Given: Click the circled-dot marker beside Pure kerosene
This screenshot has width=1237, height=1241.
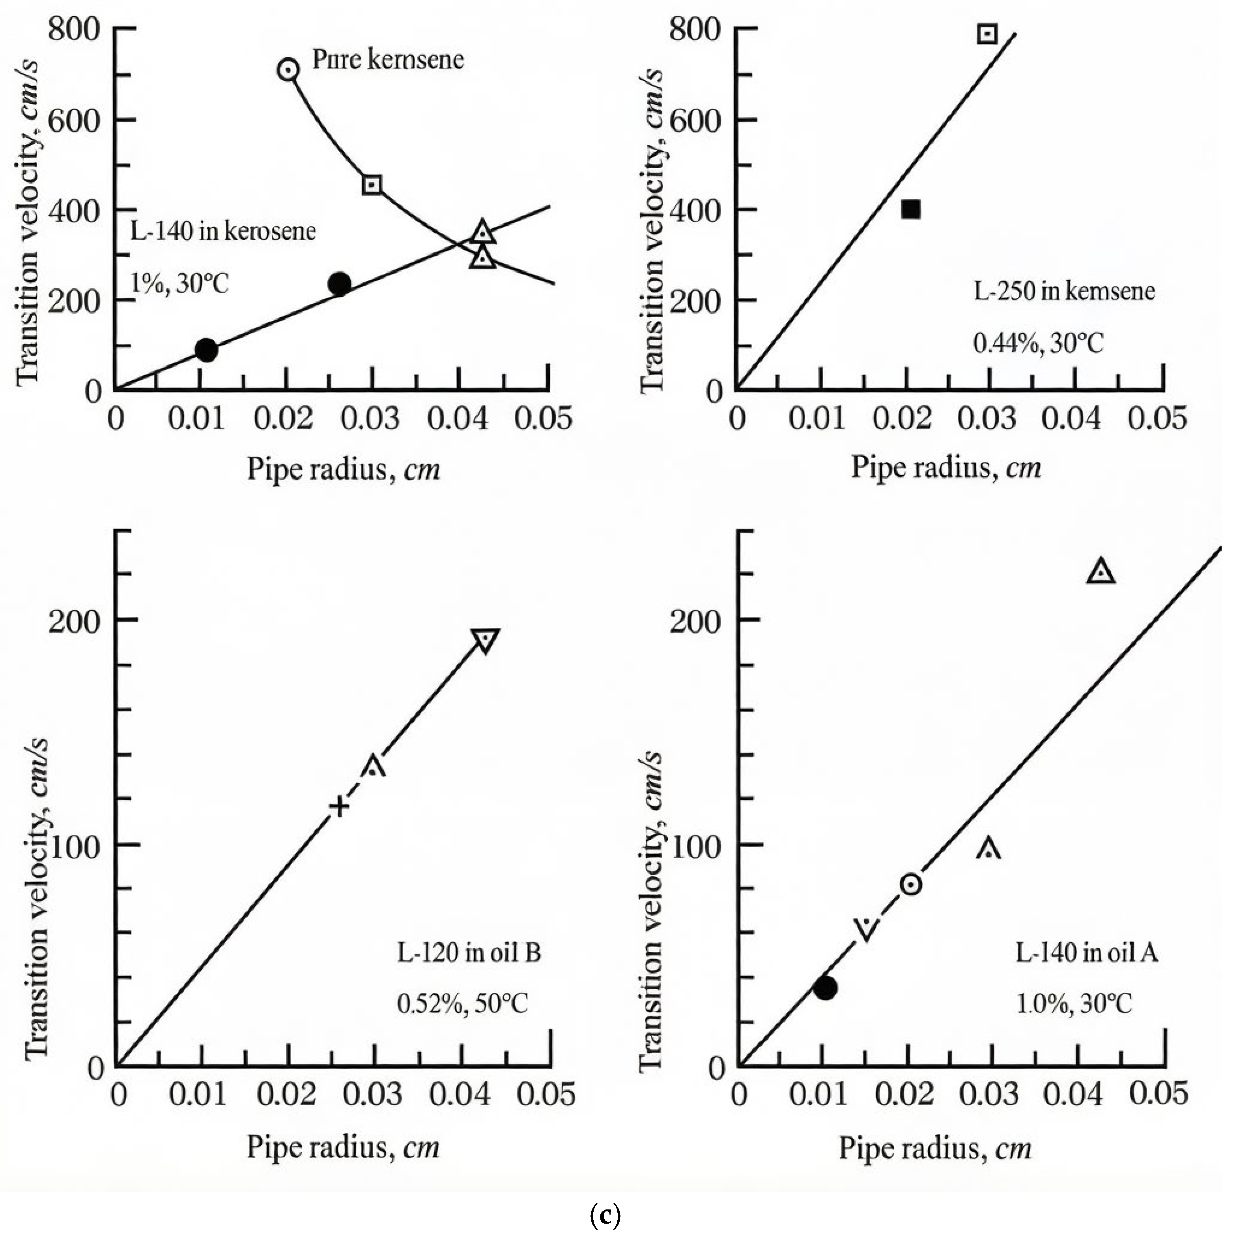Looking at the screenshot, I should click(288, 69).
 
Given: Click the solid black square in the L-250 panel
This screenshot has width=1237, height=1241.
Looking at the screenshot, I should click(910, 210).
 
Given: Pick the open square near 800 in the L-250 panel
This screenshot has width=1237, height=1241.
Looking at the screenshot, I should click(987, 34).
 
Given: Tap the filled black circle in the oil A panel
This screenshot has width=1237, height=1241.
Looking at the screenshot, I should click(825, 987).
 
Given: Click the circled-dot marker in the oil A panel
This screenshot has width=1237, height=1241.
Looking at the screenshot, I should click(910, 884).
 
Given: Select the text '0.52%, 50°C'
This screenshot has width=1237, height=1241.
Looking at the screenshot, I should click(462, 1003).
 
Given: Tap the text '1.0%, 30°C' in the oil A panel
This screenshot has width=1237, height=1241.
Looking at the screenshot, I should click(1073, 1003).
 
